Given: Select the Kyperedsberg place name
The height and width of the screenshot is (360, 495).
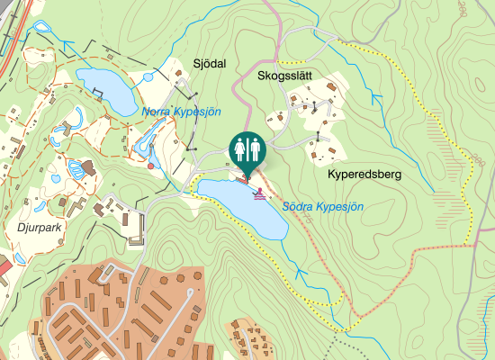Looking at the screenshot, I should click(364, 173).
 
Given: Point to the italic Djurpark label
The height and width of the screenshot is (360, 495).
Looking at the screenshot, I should click(39, 228).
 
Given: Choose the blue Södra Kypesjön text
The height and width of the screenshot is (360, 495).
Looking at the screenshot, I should click(322, 206).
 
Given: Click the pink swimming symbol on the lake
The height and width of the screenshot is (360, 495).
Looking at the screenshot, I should click(261, 193).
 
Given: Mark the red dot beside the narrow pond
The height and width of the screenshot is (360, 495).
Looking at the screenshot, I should click(150, 166).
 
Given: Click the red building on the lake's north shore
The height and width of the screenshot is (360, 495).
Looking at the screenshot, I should click(240, 178).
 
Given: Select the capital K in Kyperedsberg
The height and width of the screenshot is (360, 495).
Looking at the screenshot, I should click(333, 173).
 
